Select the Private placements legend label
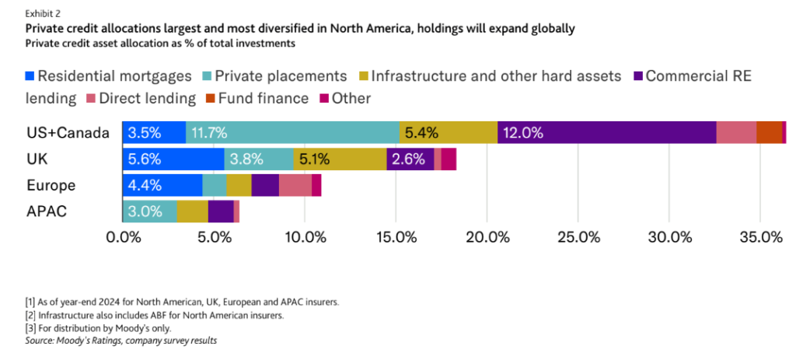pos(281,76)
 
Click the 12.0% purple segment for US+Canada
pos(606,133)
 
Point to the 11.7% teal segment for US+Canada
pos(292,133)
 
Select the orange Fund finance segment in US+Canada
pos(769,133)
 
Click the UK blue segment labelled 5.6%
pos(173,159)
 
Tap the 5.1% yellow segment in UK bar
pos(340,159)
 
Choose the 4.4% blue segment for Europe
pos(162,185)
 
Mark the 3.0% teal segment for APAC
pos(150,211)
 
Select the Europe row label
pos(51,185)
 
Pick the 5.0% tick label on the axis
pos(214,236)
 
